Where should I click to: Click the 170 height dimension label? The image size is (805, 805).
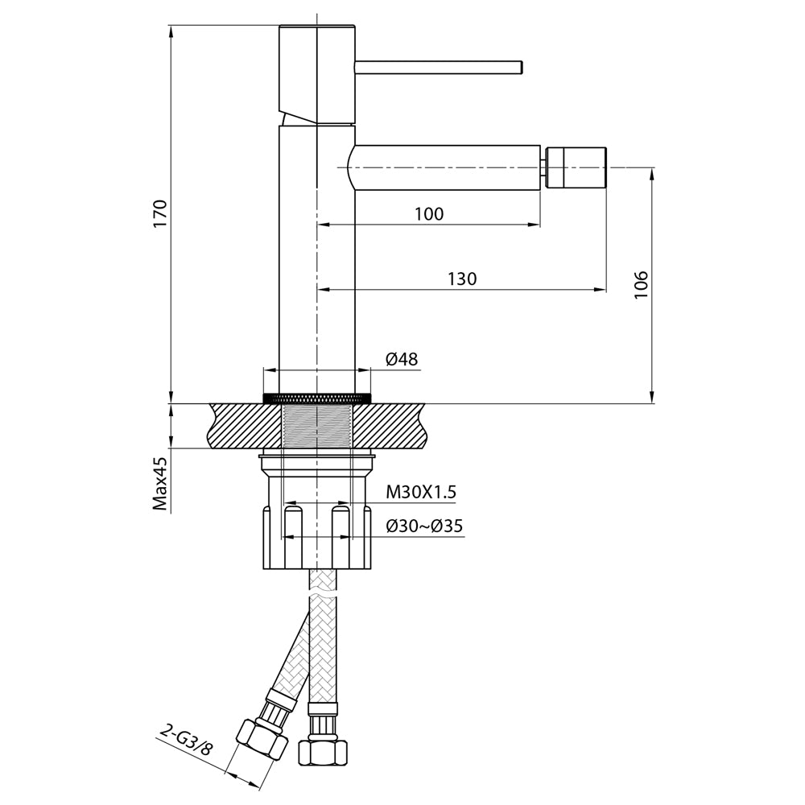(x=160, y=214)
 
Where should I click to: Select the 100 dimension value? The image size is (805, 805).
(x=429, y=213)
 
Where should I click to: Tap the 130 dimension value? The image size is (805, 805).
(x=462, y=279)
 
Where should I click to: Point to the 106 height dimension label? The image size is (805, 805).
(x=641, y=285)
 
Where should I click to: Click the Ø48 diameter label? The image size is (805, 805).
(x=402, y=359)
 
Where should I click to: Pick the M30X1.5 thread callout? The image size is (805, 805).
(x=421, y=493)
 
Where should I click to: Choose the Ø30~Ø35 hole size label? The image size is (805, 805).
(x=424, y=526)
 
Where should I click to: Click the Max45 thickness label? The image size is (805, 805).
(x=160, y=484)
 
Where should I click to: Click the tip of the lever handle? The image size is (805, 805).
(x=520, y=68)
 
